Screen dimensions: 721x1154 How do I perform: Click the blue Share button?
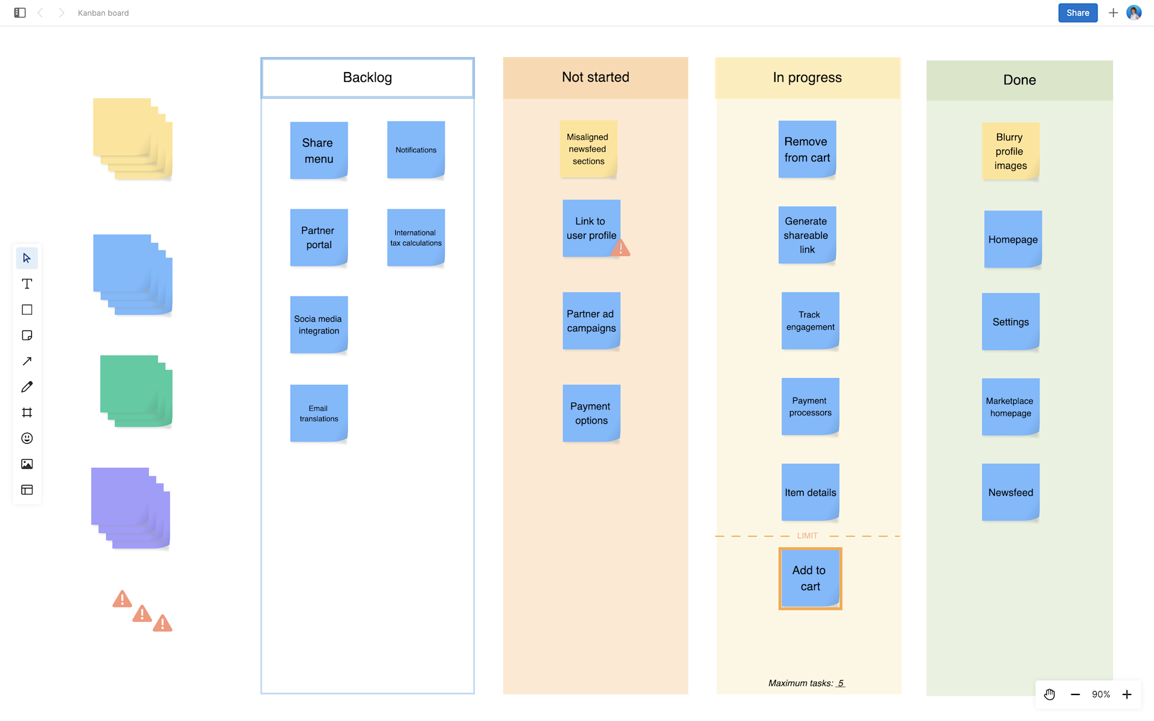(x=1077, y=13)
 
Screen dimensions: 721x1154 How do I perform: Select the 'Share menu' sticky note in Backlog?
(x=319, y=150)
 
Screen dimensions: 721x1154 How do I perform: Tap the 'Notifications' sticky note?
(x=415, y=149)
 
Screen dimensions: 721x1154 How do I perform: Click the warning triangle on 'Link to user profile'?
(x=621, y=249)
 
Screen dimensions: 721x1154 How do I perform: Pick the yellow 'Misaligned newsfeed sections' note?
(x=588, y=149)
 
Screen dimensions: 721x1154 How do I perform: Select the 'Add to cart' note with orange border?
(x=810, y=578)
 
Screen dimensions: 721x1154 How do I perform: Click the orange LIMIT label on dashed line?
(x=807, y=536)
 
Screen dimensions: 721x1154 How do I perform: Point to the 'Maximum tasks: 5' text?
(x=806, y=683)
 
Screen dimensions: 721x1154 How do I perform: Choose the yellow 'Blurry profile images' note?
(x=1010, y=151)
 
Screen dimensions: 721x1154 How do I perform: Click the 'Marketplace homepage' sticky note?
(x=1010, y=407)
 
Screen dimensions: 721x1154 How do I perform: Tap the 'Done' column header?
(x=1019, y=80)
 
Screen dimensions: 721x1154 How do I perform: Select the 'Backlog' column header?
(x=368, y=78)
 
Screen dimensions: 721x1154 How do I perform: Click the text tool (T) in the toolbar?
(x=27, y=284)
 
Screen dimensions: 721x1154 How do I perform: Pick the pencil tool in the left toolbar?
(x=27, y=387)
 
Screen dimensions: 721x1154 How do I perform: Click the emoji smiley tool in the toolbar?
(x=27, y=438)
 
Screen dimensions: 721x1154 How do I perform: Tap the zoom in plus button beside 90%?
(x=1127, y=694)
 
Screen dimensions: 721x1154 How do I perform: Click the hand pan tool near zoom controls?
(x=1050, y=694)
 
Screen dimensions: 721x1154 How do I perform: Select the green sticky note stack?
(x=136, y=390)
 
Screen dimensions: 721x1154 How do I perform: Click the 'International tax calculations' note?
(x=415, y=238)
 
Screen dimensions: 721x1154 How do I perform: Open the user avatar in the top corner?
(x=1134, y=13)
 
